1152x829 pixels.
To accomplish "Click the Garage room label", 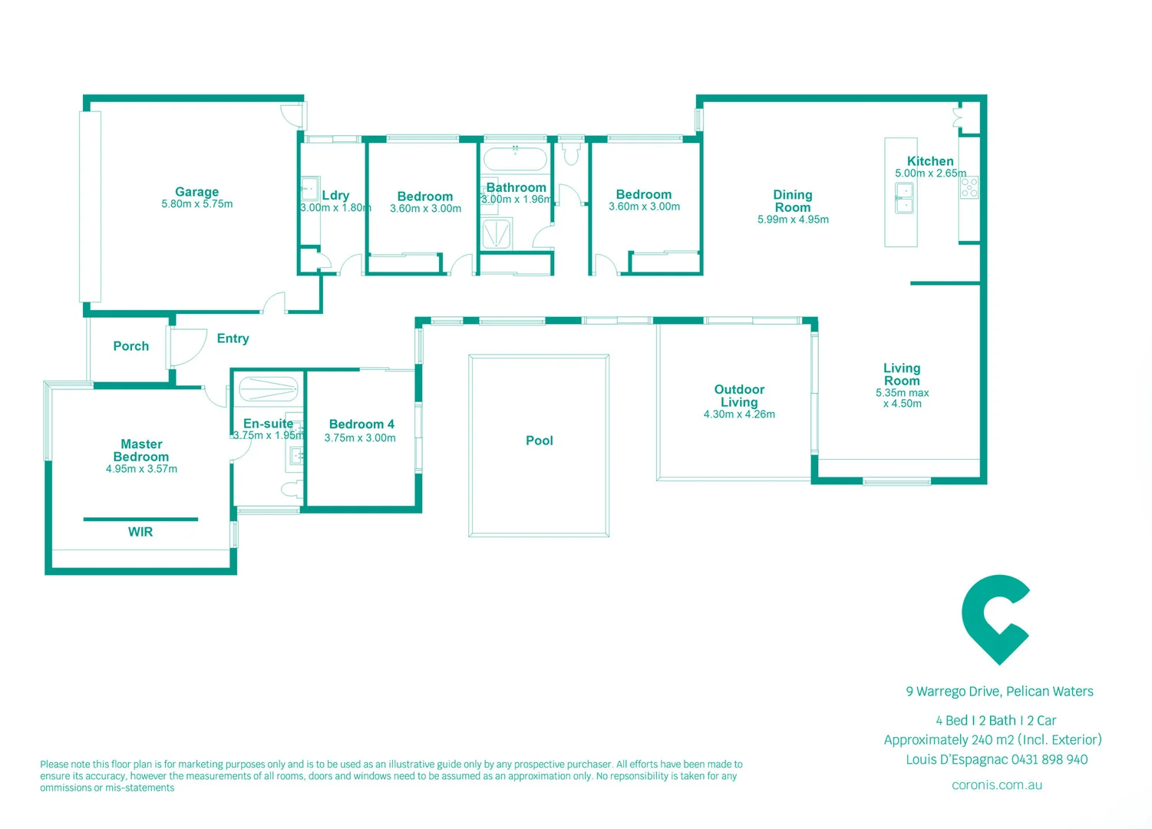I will coord(196,192).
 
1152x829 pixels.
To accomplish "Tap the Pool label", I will coord(539,441).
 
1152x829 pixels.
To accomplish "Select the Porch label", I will coord(131,346).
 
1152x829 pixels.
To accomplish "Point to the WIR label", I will coord(140,532).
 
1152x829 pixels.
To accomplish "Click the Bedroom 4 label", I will coord(361,424).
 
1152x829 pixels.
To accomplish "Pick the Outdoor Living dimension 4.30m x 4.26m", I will coord(739,414).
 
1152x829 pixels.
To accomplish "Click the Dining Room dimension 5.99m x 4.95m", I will coord(793,220).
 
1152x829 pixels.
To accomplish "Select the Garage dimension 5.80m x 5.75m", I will coord(196,204).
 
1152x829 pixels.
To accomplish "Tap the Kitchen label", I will coord(930,161).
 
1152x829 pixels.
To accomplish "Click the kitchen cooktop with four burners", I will coord(969,187).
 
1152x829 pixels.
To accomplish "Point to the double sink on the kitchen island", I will coord(905,197).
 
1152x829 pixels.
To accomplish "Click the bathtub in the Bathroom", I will coord(515,160).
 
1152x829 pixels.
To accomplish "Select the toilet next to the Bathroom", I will coord(570,154).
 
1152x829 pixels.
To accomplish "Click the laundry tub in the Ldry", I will coord(309,188).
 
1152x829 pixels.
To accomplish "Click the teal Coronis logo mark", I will coord(995,619).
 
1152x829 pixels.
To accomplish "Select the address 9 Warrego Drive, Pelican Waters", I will coord(999,692).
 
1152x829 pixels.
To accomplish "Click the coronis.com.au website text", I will coord(996,785).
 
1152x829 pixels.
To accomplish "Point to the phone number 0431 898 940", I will coord(1050,760).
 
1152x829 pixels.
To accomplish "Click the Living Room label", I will coord(902,375).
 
